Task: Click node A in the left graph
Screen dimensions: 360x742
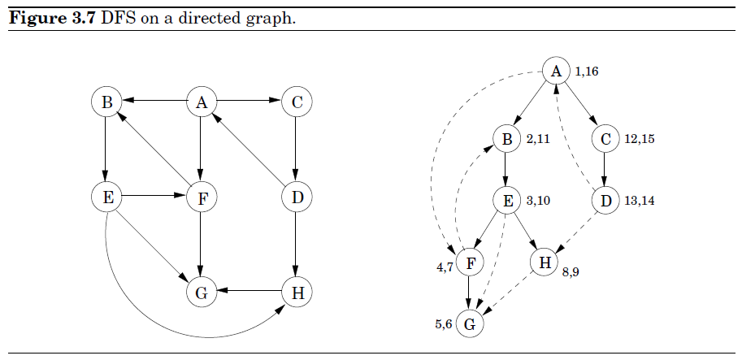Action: pos(201,102)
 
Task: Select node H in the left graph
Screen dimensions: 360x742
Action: pos(297,293)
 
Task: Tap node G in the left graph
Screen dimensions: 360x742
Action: pos(201,293)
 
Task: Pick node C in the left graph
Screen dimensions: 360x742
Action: pos(297,102)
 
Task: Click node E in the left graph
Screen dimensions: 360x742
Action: pos(106,197)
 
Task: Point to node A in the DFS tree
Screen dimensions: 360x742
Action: pos(556,72)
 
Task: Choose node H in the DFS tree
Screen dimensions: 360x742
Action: pos(544,262)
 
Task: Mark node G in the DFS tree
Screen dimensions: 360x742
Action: pos(469,325)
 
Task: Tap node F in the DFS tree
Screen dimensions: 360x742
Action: pos(469,262)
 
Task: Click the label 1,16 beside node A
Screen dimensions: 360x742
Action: pos(587,72)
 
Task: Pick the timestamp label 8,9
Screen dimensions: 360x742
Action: pos(571,273)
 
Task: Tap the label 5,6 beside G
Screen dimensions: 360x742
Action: pos(443,325)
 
